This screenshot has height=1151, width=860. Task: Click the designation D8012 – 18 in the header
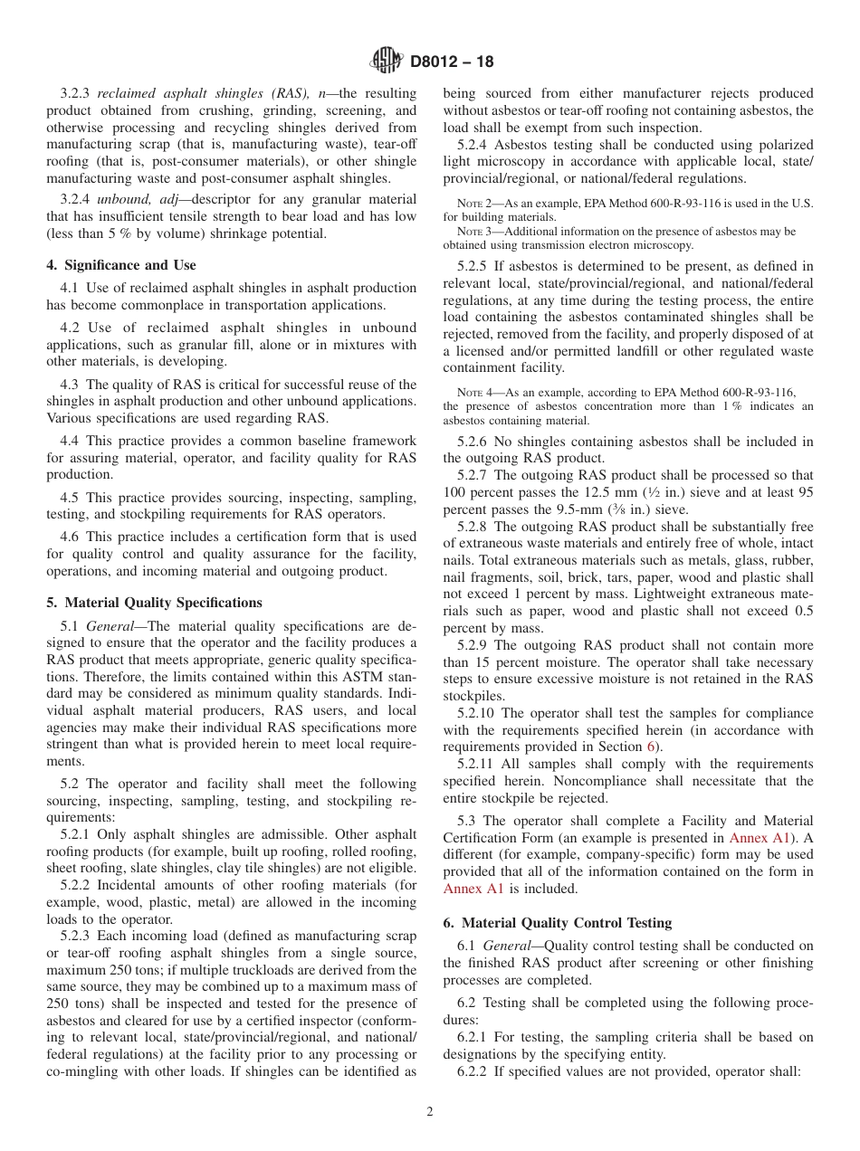(452, 62)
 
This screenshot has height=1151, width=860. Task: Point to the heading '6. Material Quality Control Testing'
(558, 923)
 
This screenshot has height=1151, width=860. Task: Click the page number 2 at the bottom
(430, 1112)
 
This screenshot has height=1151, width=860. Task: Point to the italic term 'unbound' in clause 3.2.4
(124, 199)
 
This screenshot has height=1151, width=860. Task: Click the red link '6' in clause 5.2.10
(649, 747)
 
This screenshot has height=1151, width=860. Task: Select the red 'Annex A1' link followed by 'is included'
(473, 889)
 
